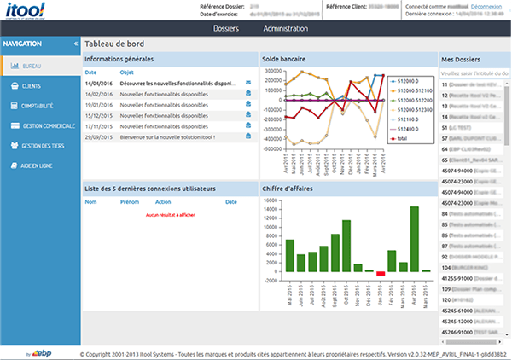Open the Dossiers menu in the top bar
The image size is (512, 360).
(225, 29)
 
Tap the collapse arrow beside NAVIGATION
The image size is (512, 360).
(76, 43)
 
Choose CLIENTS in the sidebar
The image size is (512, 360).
(31, 86)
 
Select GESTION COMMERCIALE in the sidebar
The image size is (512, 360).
(45, 125)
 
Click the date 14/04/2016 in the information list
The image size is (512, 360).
(100, 84)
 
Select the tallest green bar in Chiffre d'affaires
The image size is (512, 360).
(414, 239)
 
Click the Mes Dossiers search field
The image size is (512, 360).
(474, 73)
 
